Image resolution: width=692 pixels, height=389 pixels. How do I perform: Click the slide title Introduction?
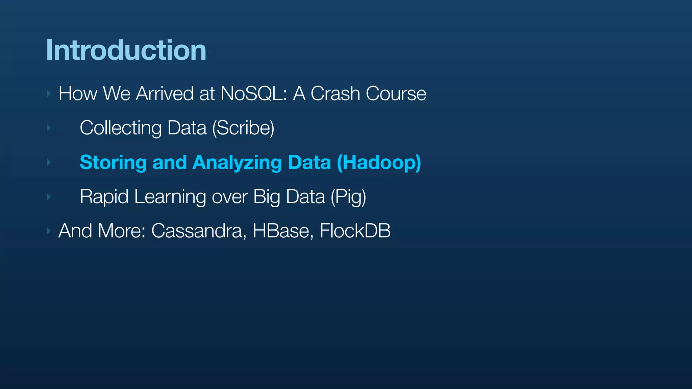[126, 50]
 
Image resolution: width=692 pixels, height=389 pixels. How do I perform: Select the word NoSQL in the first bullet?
[253, 94]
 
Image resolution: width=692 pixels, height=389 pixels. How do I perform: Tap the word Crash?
[335, 94]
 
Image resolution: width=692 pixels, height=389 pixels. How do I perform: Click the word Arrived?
[165, 94]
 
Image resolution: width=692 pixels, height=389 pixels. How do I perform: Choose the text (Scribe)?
[243, 128]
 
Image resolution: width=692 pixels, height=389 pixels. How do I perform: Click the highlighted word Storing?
[113, 162]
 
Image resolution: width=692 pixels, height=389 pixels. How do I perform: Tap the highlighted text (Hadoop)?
[379, 162]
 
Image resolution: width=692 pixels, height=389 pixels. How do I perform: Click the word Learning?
[170, 197]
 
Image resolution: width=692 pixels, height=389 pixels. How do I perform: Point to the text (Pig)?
[348, 197]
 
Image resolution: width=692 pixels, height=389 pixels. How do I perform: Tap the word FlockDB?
[355, 231]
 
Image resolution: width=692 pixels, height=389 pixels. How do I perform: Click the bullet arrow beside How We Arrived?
[49, 94]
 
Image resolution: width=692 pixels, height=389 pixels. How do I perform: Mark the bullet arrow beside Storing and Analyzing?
[49, 162]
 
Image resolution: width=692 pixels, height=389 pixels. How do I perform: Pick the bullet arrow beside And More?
[49, 231]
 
